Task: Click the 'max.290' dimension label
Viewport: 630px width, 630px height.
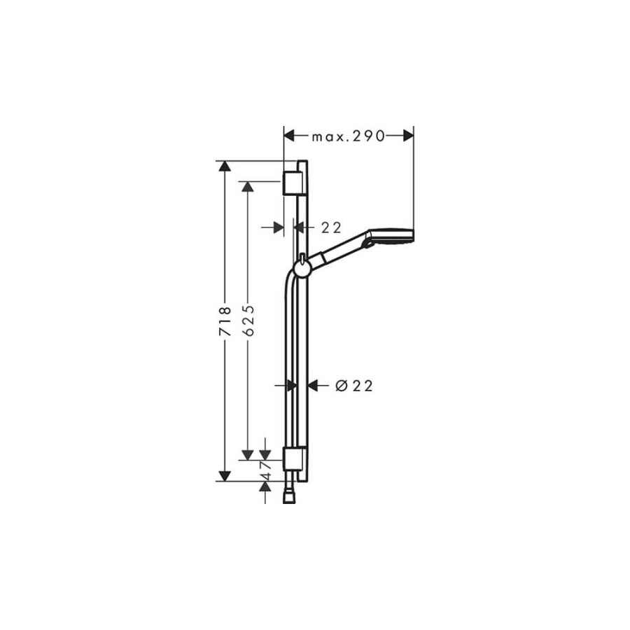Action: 349,136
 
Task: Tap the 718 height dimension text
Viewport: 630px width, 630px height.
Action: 225,322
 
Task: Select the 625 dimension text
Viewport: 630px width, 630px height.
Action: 247,322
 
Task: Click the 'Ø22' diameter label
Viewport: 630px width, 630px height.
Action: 353,385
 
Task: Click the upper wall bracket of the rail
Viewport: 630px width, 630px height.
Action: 293,182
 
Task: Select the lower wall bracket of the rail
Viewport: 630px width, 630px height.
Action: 293,459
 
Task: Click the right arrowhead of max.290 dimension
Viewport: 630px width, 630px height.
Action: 407,136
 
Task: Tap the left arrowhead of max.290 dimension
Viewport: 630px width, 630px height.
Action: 289,136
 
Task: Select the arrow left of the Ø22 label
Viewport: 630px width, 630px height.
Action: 313,385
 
